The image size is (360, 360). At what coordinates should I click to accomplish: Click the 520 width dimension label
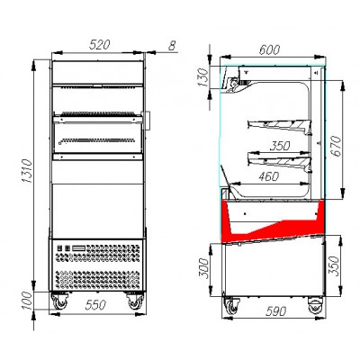100,45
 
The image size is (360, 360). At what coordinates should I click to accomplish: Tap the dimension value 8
172,46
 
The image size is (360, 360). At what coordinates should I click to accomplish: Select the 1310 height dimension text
27,171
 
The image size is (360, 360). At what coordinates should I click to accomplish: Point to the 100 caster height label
27,301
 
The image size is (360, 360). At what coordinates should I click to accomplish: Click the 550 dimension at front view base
95,305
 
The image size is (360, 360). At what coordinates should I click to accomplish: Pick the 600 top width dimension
269,49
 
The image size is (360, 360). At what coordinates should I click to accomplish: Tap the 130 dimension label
202,77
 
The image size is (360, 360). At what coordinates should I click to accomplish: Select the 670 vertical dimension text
337,146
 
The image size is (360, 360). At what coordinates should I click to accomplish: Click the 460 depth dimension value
269,176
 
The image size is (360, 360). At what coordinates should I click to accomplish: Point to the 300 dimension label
203,268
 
